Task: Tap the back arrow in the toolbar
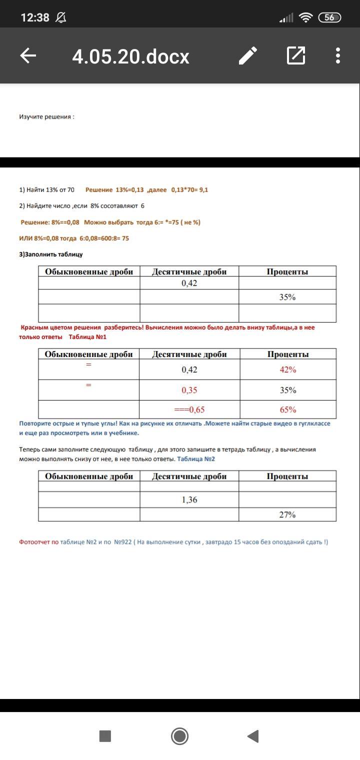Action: pos(28,55)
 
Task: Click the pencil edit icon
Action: pos(248,55)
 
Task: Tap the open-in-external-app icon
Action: pos(296,55)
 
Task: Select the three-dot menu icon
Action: pos(338,55)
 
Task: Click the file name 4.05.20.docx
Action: pos(131,56)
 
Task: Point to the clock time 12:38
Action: pos(35,17)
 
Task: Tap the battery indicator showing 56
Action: pos(330,17)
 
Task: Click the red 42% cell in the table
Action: pos(287,370)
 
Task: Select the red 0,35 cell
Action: pos(189,390)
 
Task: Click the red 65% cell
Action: pos(287,410)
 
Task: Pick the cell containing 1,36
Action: pos(189,499)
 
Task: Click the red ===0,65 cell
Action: pos(189,410)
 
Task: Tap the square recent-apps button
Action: pos(105,736)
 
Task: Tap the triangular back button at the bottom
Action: pos(253,736)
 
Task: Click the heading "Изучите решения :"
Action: pos(46,116)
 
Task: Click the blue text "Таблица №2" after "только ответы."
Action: pos(196,459)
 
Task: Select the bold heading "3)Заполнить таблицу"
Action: pos(50,254)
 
